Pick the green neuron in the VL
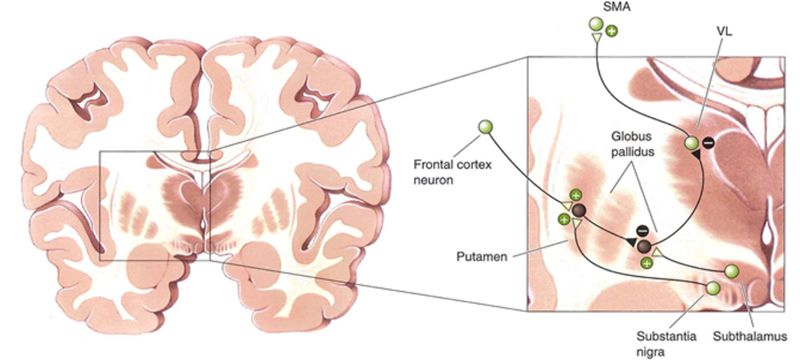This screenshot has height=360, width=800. coord(691,142)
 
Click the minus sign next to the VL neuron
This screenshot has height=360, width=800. coord(707,141)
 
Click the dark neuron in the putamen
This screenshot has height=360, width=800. coord(579,210)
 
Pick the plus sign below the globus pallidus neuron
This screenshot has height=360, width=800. coord(646,262)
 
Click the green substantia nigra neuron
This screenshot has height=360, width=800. coord(713,288)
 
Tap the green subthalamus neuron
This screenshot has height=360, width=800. coord(731,271)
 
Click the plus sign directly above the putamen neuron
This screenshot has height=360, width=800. coord(576,195)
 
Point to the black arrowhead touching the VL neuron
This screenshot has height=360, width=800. coord(695,155)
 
